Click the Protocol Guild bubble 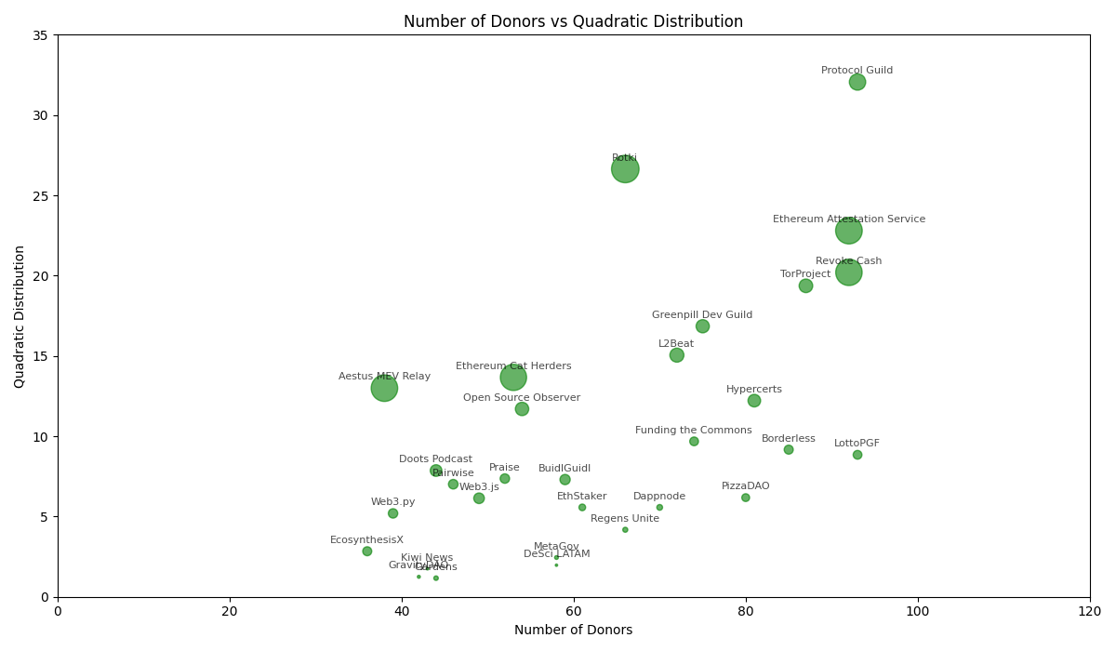[857, 82]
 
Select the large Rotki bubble [625, 169]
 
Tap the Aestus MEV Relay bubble [384, 388]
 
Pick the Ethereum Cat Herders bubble [513, 377]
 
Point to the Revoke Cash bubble [848, 272]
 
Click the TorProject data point [805, 286]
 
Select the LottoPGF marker [857, 455]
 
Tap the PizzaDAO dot [745, 498]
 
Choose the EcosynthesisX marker [367, 551]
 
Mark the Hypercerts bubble [754, 401]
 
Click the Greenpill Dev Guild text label [702, 315]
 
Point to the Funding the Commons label [694, 431]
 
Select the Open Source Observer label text [522, 398]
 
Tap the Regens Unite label [625, 519]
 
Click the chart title [573, 21]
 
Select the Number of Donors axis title [573, 631]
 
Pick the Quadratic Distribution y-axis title [20, 316]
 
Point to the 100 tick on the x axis [918, 611]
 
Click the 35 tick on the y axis [40, 35]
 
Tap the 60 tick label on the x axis [574, 611]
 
